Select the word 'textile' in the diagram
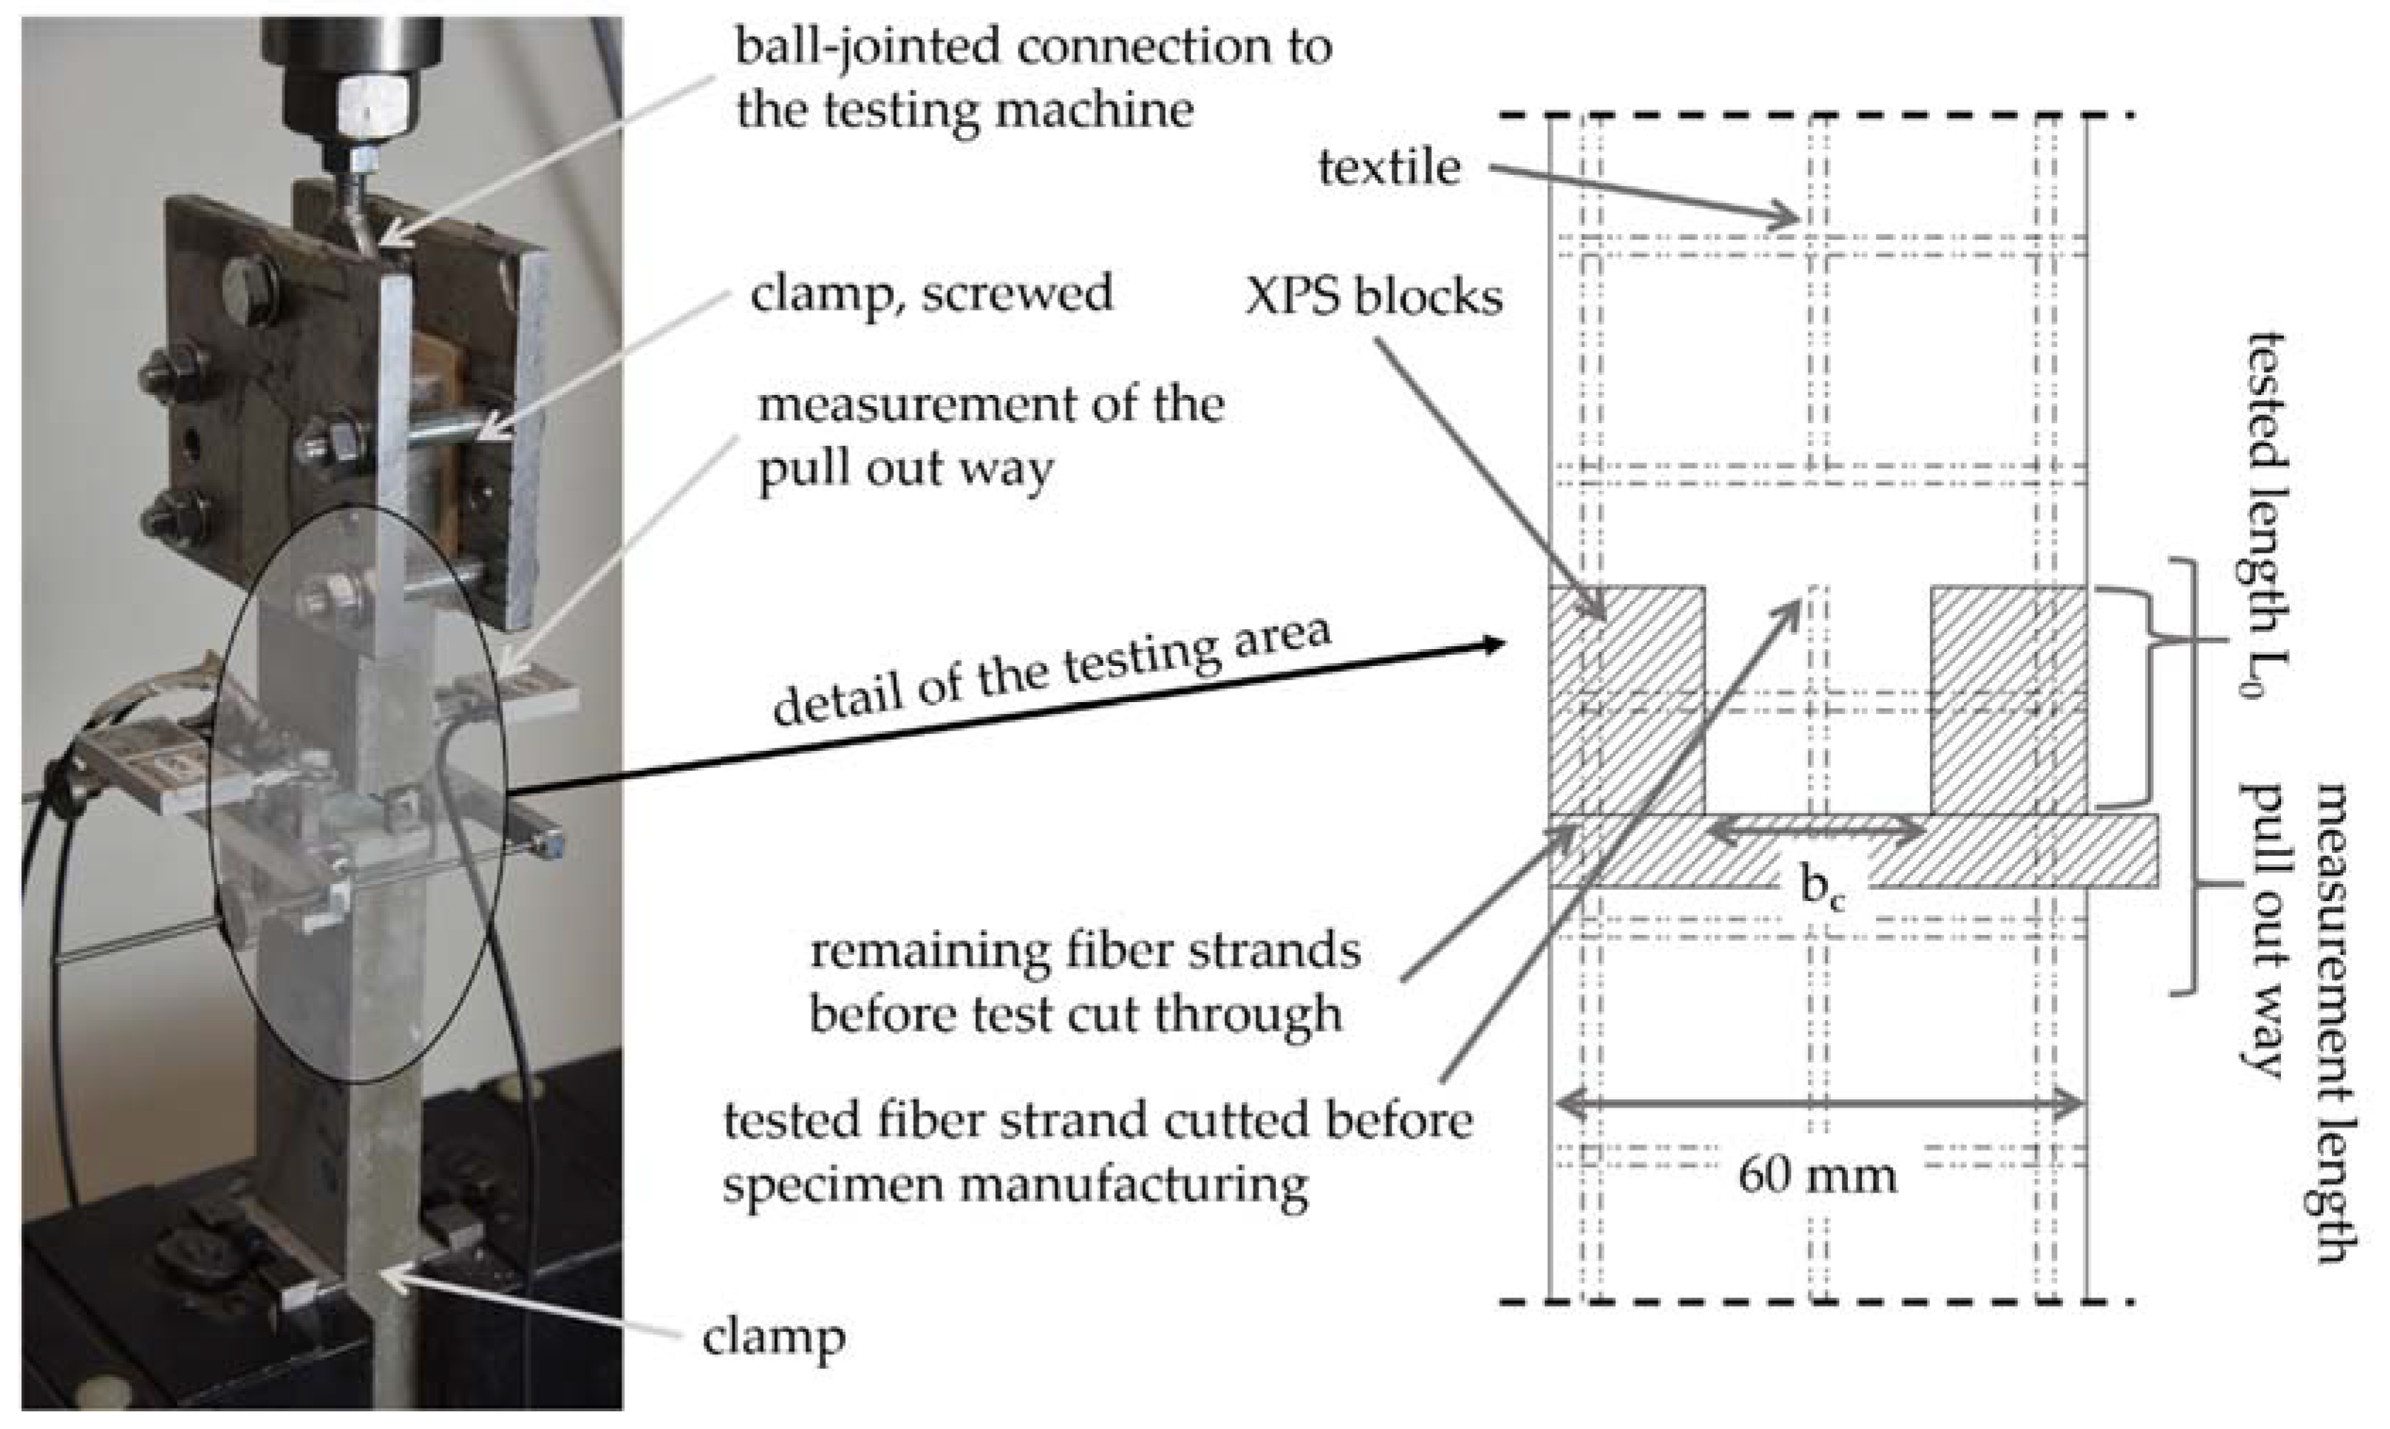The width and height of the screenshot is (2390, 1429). coord(1389,168)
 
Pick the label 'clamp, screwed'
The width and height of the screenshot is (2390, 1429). coord(931,293)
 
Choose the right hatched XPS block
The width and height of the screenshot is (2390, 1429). coord(2009,700)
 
